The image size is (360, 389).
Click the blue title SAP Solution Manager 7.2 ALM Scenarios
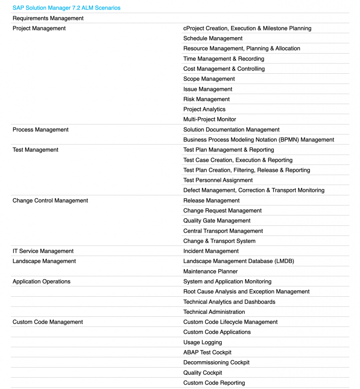click(x=67, y=8)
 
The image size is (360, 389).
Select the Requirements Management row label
click(x=48, y=18)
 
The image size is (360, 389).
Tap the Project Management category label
click(x=39, y=28)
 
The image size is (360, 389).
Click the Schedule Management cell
click(x=213, y=38)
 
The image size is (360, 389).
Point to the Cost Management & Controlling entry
click(x=224, y=69)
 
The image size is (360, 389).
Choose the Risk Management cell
click(x=206, y=99)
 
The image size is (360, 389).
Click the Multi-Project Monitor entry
click(x=210, y=119)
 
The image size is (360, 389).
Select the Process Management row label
click(x=41, y=130)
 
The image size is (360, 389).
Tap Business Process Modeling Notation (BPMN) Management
click(x=259, y=140)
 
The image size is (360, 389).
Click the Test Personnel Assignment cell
click(x=218, y=180)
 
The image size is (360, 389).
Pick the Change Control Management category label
click(x=50, y=201)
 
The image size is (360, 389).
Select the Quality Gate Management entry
click(x=217, y=221)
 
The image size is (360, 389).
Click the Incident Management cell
click(x=211, y=251)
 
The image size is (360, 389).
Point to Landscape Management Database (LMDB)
click(x=239, y=261)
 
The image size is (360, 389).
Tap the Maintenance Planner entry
click(x=211, y=271)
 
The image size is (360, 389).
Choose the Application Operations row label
click(x=41, y=281)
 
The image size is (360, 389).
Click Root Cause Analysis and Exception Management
click(x=246, y=291)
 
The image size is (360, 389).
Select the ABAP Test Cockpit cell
click(x=207, y=352)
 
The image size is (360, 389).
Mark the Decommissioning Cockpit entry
click(x=216, y=362)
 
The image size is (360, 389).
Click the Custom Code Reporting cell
click(x=214, y=383)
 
